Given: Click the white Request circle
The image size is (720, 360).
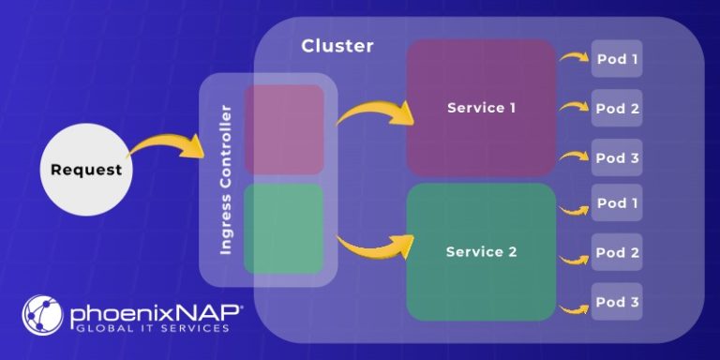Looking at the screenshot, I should pyautogui.click(x=86, y=170).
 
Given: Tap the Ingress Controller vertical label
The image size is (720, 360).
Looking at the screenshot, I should pyautogui.click(x=226, y=179).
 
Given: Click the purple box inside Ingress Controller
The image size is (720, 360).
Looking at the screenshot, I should pyautogui.click(x=283, y=129).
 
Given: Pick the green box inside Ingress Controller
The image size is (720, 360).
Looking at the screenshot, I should pyautogui.click(x=283, y=228).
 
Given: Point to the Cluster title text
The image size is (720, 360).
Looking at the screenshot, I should pyautogui.click(x=337, y=46).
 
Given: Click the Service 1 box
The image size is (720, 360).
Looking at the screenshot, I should pyautogui.click(x=481, y=108).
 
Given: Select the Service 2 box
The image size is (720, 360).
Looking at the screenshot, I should pyautogui.click(x=481, y=252).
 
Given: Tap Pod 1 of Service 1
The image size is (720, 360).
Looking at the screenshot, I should pyautogui.click(x=617, y=59).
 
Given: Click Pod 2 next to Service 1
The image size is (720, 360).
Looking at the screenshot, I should pyautogui.click(x=617, y=109).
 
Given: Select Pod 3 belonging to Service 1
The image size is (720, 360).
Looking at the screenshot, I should pyautogui.click(x=617, y=157).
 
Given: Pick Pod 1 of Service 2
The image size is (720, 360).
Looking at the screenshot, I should pyautogui.click(x=617, y=203).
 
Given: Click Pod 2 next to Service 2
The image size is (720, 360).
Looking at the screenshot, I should pyautogui.click(x=617, y=252).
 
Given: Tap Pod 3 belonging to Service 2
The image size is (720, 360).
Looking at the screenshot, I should pyautogui.click(x=617, y=302).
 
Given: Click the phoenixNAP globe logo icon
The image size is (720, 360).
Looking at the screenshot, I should pyautogui.click(x=42, y=315).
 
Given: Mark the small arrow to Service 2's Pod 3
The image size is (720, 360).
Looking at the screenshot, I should pyautogui.click(x=573, y=307).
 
